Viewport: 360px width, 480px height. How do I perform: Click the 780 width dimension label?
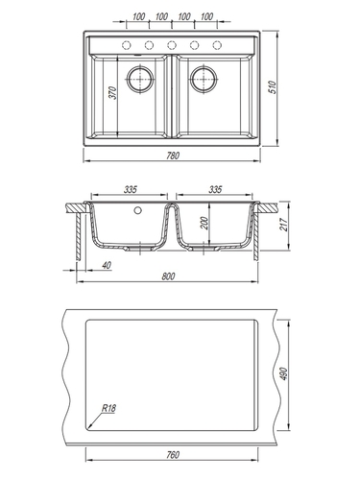click(x=173, y=156)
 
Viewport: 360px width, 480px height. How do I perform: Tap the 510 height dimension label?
click(x=273, y=87)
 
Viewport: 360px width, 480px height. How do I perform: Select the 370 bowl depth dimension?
click(x=113, y=93)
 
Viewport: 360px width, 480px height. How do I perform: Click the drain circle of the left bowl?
click(x=140, y=79)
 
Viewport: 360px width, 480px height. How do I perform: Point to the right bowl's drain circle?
click(x=204, y=79)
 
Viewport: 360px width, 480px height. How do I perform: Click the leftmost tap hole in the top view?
click(x=127, y=45)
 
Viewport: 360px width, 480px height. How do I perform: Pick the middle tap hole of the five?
click(x=172, y=45)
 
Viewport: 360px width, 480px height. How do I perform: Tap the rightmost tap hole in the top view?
click(x=217, y=45)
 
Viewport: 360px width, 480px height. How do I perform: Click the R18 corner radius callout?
click(x=108, y=408)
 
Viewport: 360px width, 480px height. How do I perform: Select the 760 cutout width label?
click(x=173, y=455)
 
